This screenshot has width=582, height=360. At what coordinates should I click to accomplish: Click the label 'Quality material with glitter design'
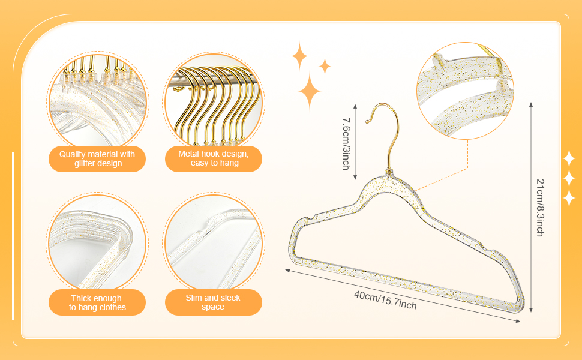point(97,159)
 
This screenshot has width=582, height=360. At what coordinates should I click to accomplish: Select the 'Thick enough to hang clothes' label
point(97,302)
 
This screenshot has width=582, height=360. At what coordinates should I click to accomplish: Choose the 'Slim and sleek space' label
point(213,302)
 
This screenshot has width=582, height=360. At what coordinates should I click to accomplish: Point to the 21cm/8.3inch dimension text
point(540,207)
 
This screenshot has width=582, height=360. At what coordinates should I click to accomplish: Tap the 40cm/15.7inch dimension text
point(385,300)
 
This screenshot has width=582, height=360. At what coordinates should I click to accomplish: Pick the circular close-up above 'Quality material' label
point(97,99)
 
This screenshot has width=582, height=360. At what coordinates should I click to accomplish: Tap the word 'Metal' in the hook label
point(190,154)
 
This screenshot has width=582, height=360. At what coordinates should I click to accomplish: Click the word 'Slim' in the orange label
point(195,298)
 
